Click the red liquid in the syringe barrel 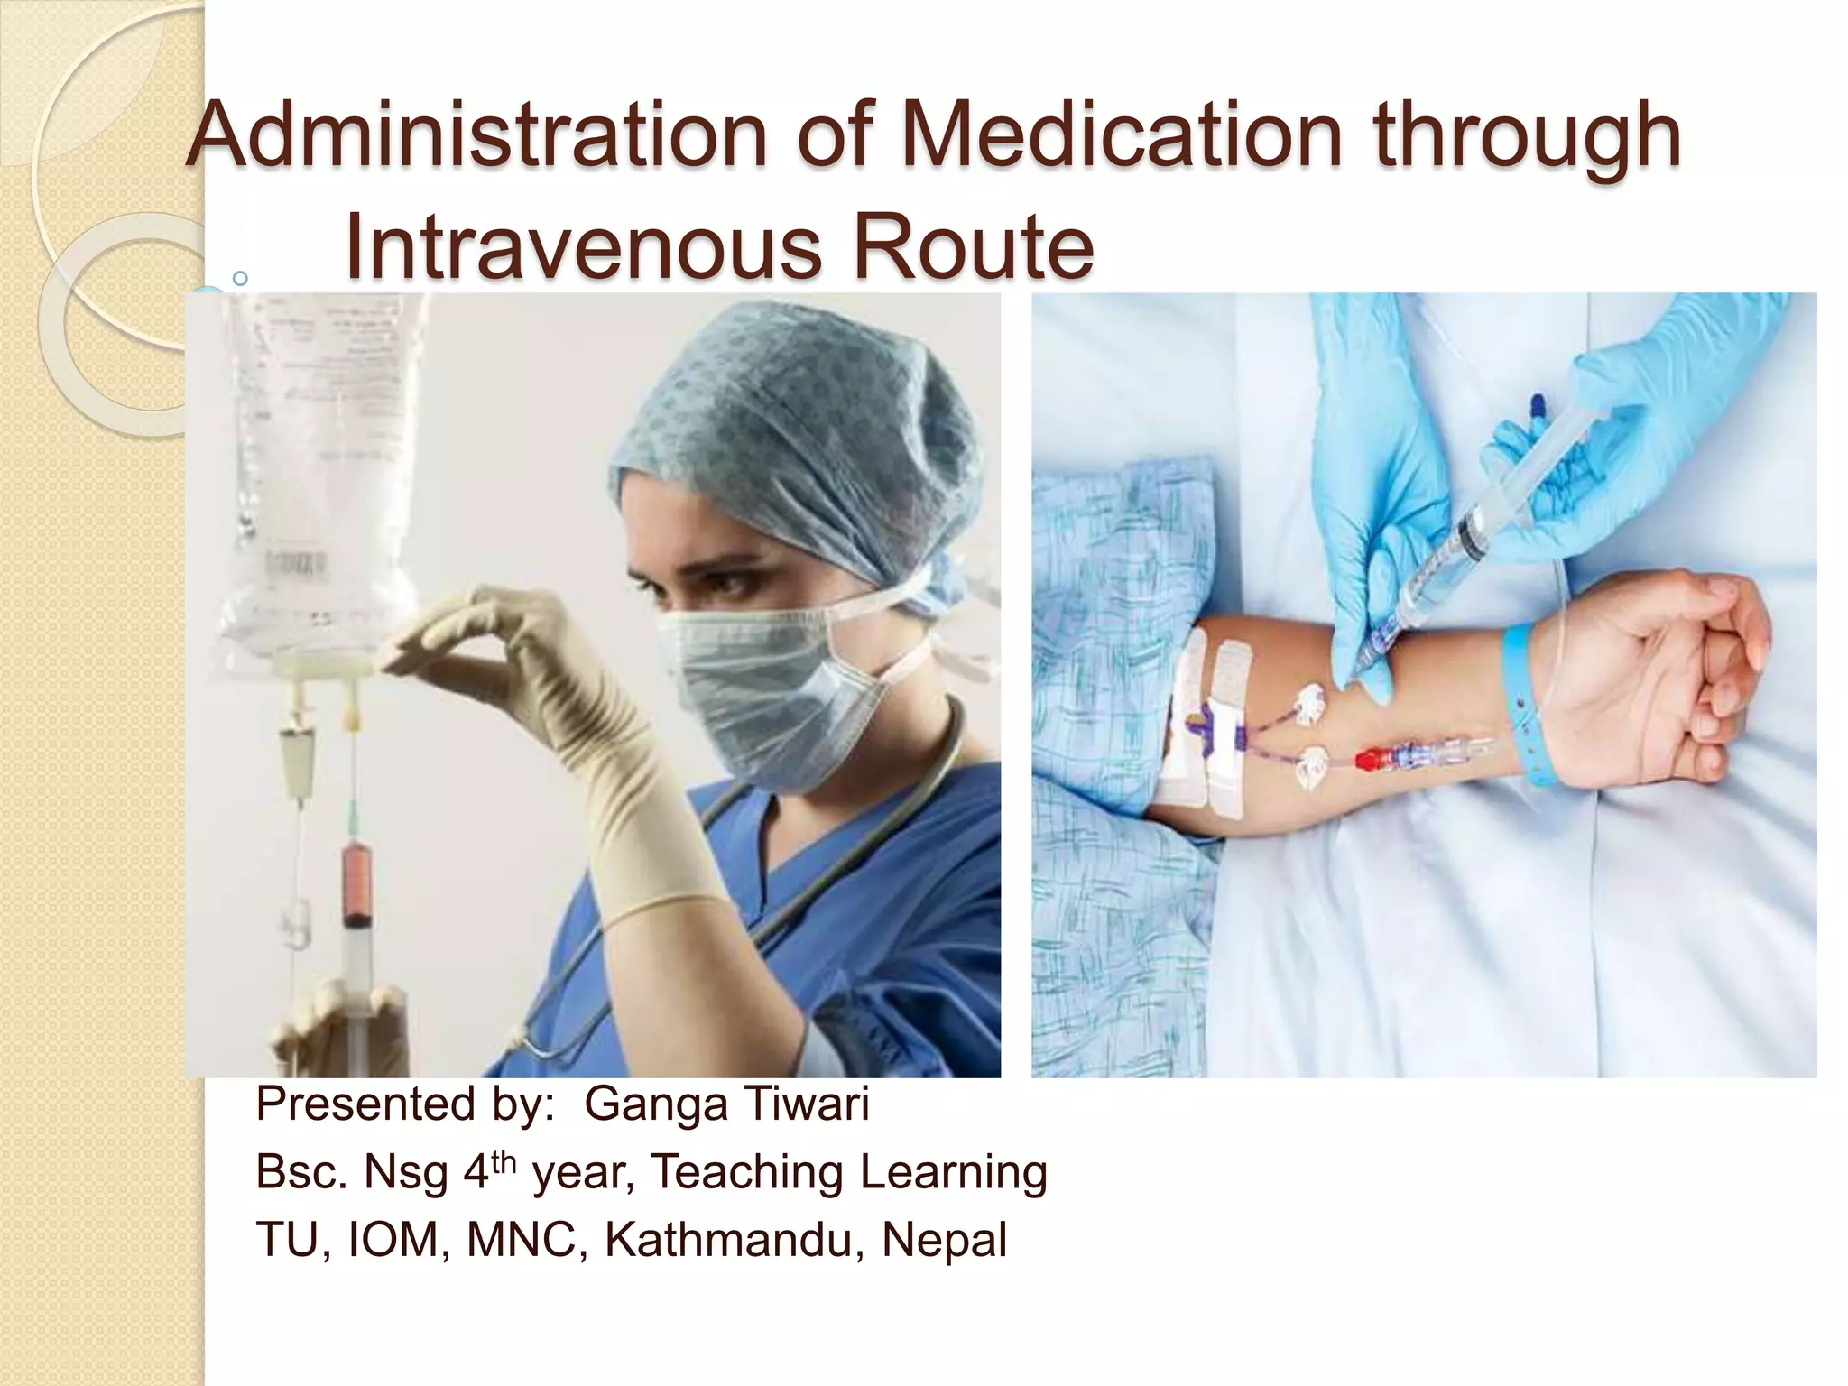pos(357,879)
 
